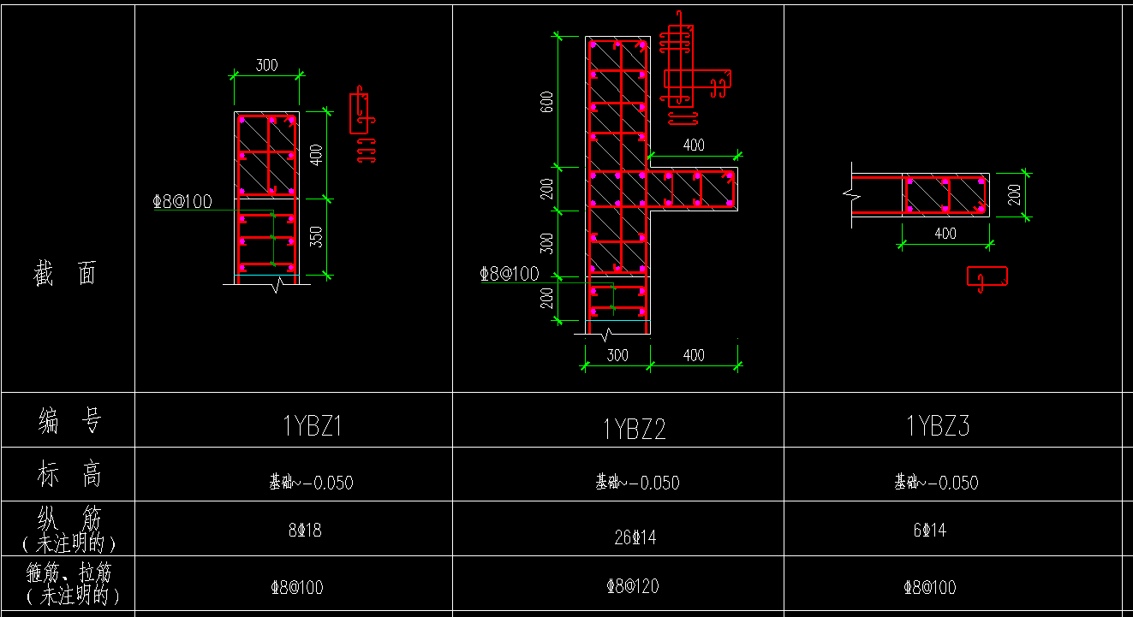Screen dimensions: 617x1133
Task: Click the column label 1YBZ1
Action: coord(313,425)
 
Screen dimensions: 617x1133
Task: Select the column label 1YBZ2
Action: coord(634,429)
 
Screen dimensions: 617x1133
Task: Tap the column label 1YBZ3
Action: coord(938,425)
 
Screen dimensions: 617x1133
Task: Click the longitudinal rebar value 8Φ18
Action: coord(305,531)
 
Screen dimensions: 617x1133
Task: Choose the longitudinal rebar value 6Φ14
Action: coord(929,531)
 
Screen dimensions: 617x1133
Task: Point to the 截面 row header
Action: coord(66,274)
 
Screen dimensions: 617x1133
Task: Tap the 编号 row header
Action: coord(69,420)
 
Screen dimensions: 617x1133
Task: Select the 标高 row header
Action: coord(69,473)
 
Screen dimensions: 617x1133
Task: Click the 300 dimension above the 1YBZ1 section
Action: coord(266,65)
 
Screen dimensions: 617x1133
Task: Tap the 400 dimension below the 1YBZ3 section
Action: coord(945,234)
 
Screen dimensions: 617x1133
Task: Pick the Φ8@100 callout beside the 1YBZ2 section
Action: coord(510,274)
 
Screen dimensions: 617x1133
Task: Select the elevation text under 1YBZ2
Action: coord(637,483)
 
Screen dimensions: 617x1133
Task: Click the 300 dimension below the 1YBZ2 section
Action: coord(617,355)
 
